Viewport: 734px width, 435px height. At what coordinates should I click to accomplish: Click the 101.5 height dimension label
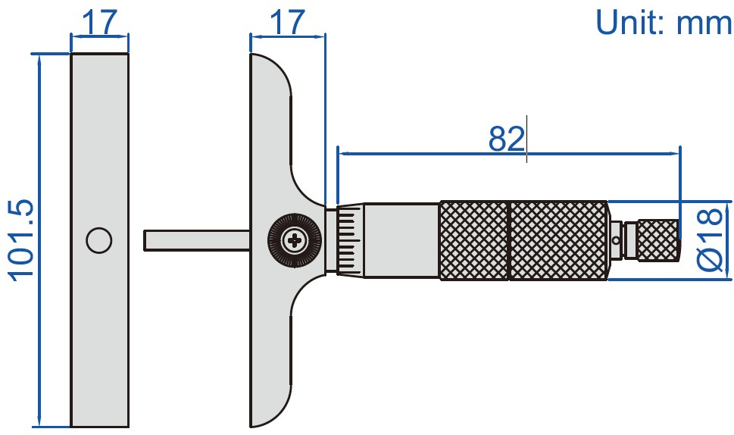(x=20, y=240)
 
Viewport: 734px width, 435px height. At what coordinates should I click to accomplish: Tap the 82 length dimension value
(x=507, y=139)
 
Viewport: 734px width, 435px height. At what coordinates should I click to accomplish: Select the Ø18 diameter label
(x=710, y=240)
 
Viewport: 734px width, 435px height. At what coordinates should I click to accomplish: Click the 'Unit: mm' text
(x=664, y=22)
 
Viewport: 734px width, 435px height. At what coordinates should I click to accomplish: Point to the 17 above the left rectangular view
(x=100, y=23)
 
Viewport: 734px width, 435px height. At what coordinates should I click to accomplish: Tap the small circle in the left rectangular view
(x=99, y=240)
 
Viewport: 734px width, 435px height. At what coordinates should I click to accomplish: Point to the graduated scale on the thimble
(x=348, y=240)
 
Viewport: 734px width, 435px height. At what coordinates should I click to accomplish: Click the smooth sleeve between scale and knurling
(x=401, y=240)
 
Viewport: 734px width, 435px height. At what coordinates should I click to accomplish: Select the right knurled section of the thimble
(x=558, y=240)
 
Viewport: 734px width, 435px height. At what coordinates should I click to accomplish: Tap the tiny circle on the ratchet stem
(x=617, y=240)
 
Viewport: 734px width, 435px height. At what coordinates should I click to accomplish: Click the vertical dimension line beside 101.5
(x=39, y=341)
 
